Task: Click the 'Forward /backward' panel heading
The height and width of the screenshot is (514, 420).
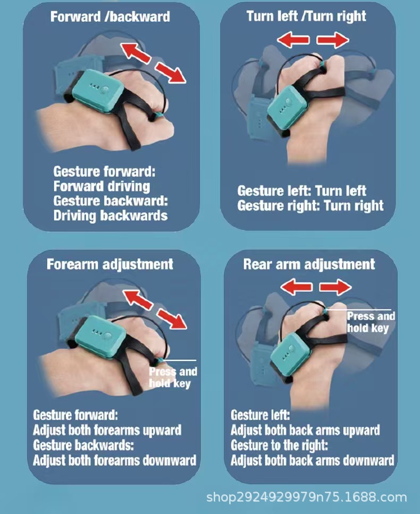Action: [110, 16]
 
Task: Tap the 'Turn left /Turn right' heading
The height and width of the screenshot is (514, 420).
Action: [306, 16]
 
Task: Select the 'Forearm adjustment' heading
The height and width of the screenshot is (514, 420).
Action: [110, 264]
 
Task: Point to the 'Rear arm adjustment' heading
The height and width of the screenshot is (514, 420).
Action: [309, 264]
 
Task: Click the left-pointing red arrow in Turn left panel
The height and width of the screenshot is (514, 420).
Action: [293, 40]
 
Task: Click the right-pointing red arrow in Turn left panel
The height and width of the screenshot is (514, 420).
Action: [332, 40]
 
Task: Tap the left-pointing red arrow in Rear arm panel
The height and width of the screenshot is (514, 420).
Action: [297, 287]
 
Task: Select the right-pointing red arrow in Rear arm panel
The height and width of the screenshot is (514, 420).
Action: [335, 287]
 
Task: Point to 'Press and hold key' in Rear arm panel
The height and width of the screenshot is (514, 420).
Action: [371, 322]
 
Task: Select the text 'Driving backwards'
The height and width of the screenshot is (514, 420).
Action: [111, 216]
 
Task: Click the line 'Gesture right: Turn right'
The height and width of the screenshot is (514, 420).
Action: [310, 206]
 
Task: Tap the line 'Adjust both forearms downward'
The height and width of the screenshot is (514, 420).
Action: [114, 460]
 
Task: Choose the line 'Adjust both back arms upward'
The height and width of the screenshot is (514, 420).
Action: [305, 430]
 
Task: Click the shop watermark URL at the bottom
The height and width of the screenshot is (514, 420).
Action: [307, 498]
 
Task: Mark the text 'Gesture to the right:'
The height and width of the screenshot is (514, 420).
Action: [279, 445]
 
